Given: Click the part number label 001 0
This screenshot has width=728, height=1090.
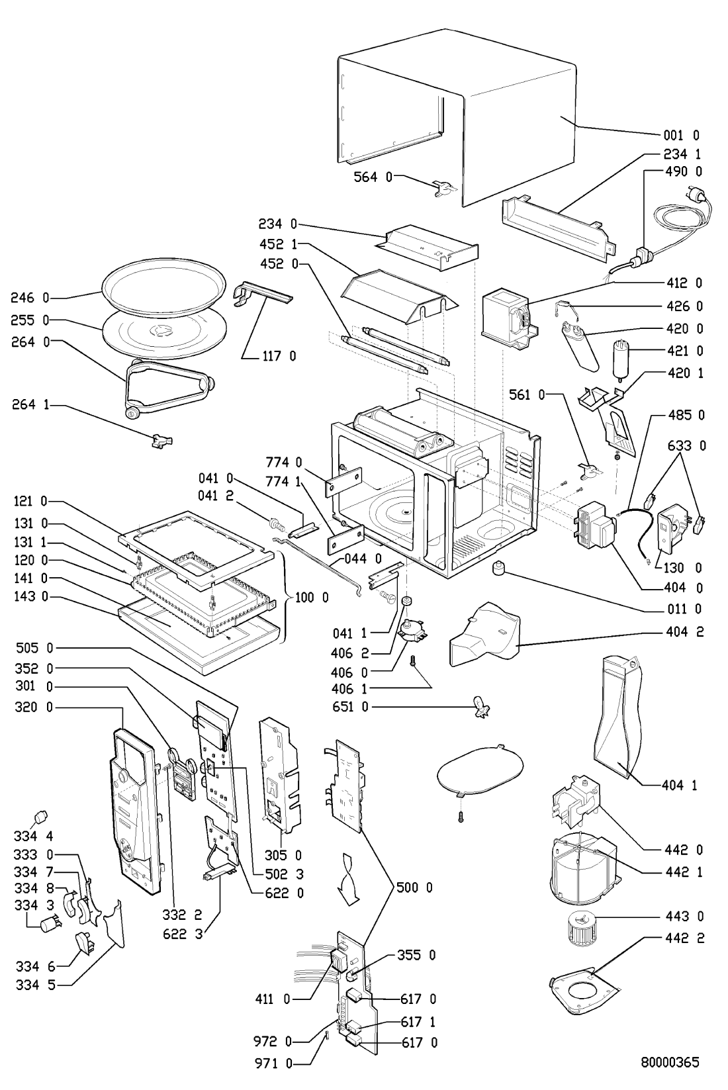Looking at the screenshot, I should tap(682, 136).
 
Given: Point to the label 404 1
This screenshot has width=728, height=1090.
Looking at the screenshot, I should tap(682, 786).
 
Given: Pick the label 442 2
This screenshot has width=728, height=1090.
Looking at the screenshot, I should tap(682, 938).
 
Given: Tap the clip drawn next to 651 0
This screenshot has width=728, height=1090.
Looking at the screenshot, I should tap(481, 709).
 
